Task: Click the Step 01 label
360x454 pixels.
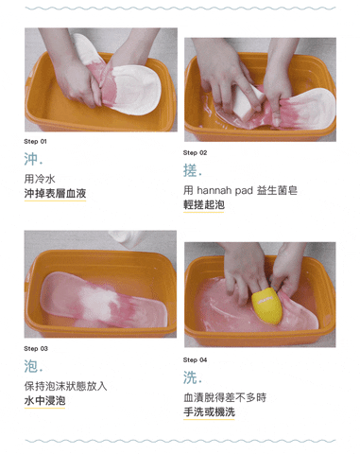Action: (35, 142)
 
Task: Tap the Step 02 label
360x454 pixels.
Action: (195, 153)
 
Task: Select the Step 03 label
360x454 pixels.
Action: (36, 349)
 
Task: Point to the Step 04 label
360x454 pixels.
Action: (195, 360)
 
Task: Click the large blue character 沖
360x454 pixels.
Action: (31, 159)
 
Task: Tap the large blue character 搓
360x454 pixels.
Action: (190, 170)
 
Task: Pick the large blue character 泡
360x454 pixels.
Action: (31, 366)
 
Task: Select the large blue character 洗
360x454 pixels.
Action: (190, 377)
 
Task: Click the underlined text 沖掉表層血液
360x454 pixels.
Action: (55, 194)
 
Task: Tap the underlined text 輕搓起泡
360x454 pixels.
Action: (204, 205)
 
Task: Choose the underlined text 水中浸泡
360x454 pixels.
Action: (44, 401)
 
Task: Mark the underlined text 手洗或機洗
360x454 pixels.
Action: (209, 412)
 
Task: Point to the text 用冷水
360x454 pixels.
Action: (40, 179)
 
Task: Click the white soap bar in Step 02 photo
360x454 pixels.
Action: (247, 101)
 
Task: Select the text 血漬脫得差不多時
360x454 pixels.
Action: (225, 397)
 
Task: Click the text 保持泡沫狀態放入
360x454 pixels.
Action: (65, 386)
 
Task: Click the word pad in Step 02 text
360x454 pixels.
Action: (244, 190)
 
